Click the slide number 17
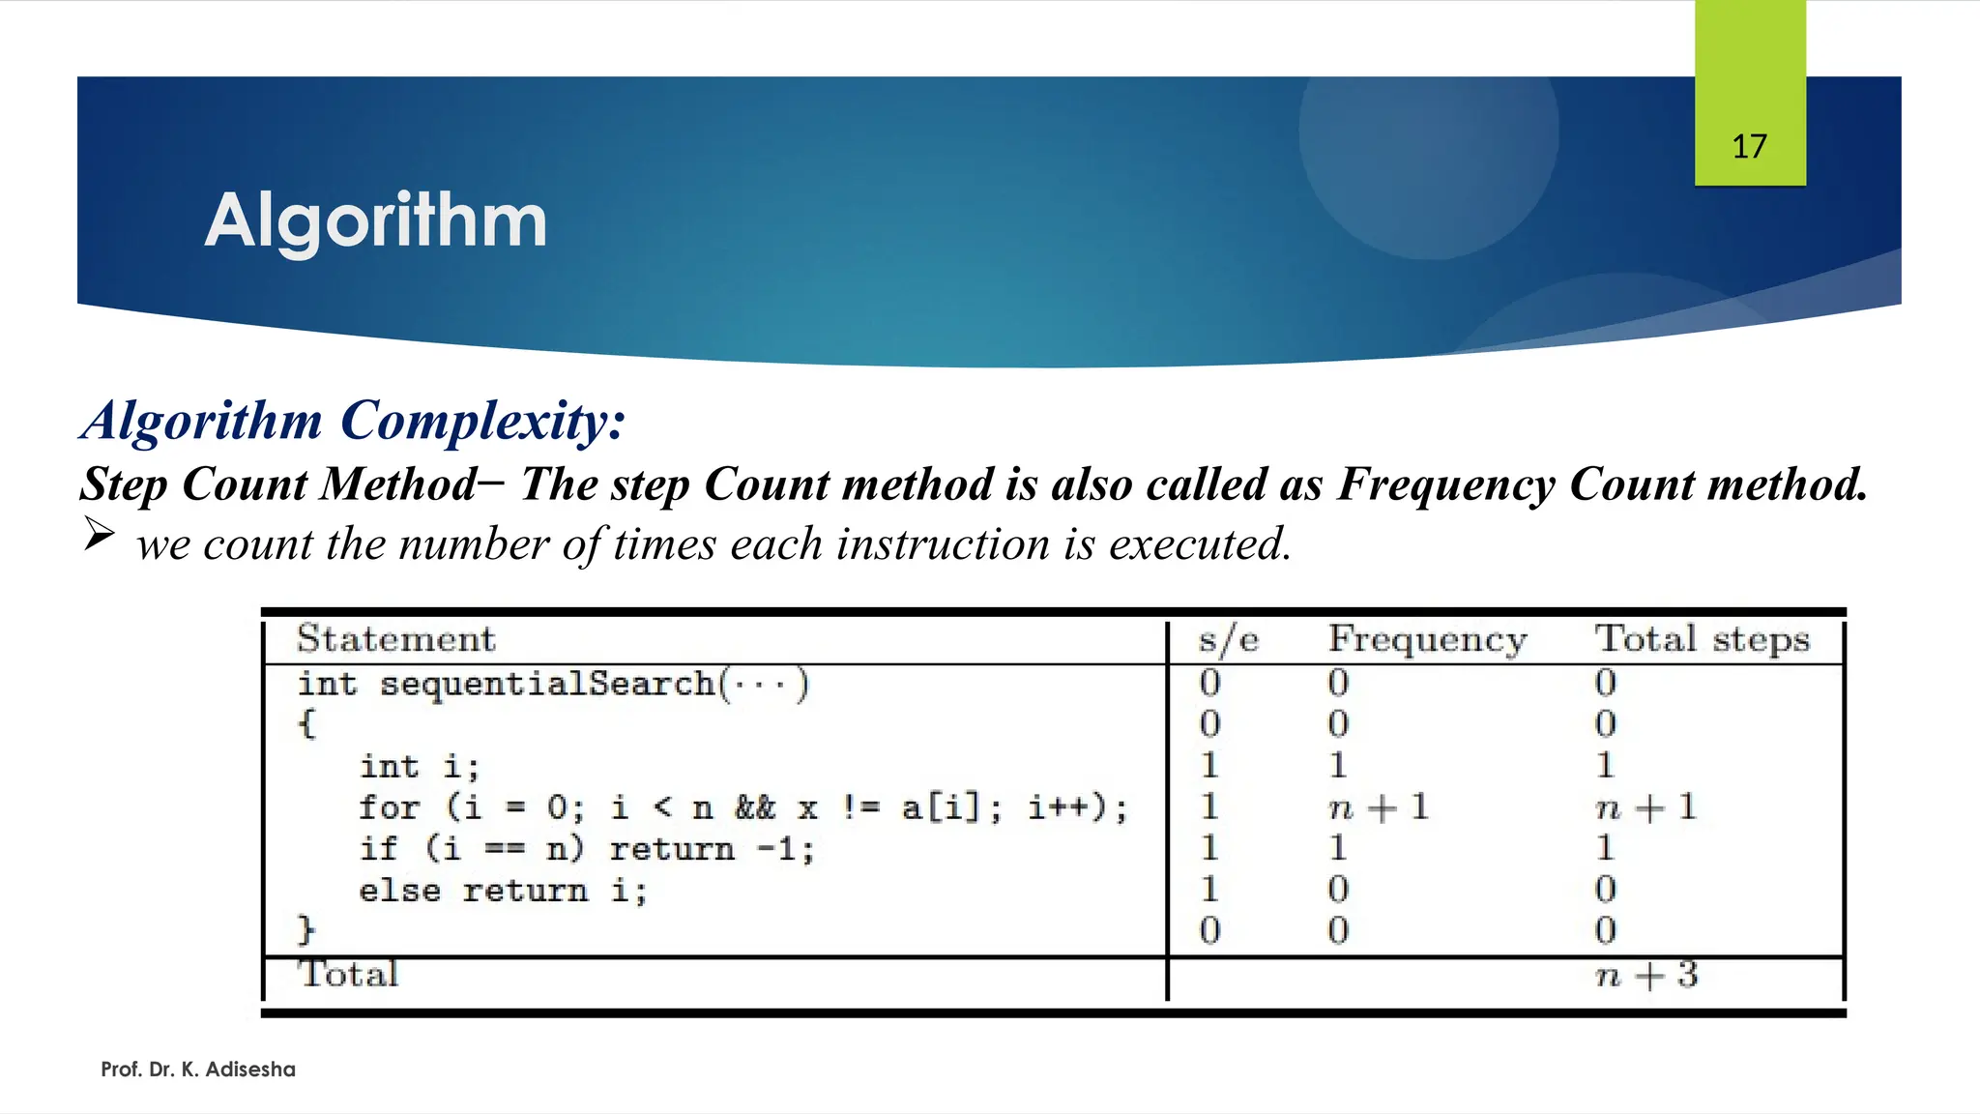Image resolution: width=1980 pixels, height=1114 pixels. pyautogui.click(x=1749, y=147)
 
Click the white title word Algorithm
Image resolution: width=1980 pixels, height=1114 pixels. pyautogui.click(x=376, y=220)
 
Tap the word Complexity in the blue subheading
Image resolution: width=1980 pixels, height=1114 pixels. pyautogui.click(x=482, y=422)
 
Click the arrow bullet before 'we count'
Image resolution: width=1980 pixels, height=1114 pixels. pyautogui.click(x=99, y=533)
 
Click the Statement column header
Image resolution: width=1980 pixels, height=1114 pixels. pyautogui.click(x=395, y=639)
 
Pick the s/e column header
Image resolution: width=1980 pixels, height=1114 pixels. pyautogui.click(x=1228, y=639)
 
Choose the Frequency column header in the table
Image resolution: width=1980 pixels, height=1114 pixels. pyautogui.click(x=1427, y=639)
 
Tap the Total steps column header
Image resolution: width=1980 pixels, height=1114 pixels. pyautogui.click(x=1702, y=639)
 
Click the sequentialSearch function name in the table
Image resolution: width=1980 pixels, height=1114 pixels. pyautogui.click(x=547, y=684)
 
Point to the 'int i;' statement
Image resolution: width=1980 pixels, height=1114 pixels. pyautogui.click(x=420, y=766)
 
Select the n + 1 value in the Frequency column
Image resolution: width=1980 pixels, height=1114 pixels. pyautogui.click(x=1379, y=806)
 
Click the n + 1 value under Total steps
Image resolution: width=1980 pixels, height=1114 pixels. pyautogui.click(x=1645, y=806)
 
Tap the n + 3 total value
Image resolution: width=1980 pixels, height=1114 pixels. pyautogui.click(x=1645, y=975)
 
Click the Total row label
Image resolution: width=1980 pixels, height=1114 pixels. pyautogui.click(x=348, y=974)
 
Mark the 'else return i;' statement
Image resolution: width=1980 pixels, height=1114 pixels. pyautogui.click(x=503, y=890)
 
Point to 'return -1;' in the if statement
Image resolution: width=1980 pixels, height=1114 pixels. pyautogui.click(x=712, y=849)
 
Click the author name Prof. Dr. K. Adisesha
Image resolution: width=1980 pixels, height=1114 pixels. pyautogui.click(x=198, y=1070)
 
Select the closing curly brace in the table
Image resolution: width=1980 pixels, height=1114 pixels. pyautogui.click(x=306, y=930)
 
